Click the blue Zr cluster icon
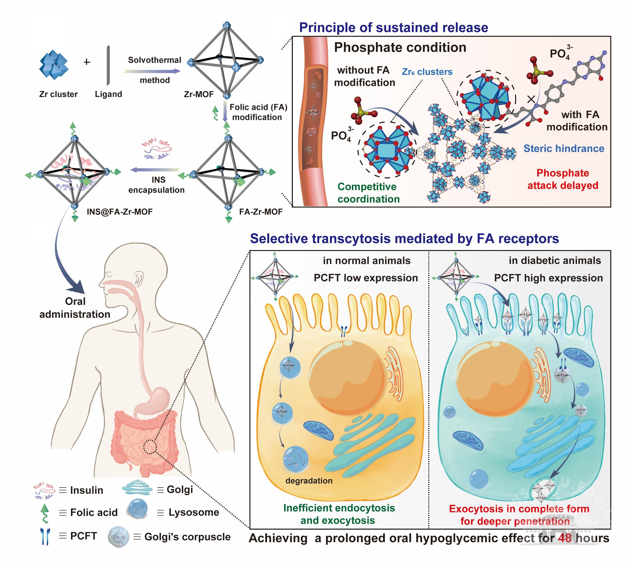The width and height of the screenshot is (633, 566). click(54, 65)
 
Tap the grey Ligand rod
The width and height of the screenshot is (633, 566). click(108, 65)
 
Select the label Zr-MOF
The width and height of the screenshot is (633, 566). click(199, 94)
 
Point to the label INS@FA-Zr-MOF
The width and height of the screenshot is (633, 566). click(120, 212)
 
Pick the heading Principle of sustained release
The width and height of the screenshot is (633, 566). click(393, 27)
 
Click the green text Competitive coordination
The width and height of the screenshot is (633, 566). click(368, 193)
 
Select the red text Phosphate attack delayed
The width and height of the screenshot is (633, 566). click(563, 179)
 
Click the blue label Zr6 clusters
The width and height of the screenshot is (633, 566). click(427, 72)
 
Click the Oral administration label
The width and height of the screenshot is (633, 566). click(75, 308)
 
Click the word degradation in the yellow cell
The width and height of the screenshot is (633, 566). click(309, 481)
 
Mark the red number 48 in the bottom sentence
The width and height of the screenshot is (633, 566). click(565, 538)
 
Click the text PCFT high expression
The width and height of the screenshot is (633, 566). click(548, 278)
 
